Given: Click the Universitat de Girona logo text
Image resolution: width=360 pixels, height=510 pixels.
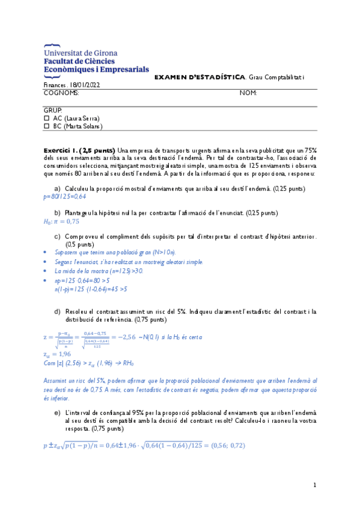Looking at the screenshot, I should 80,53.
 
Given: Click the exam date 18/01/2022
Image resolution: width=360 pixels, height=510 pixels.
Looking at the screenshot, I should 86,85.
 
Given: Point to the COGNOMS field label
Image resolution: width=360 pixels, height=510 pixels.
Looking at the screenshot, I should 61,93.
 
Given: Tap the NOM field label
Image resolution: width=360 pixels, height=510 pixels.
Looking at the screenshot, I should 248,93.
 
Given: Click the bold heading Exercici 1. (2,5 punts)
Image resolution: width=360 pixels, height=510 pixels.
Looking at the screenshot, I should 79,150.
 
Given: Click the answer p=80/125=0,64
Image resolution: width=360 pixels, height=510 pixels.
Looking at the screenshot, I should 65,197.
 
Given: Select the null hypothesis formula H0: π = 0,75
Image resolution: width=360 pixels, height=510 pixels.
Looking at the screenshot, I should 62,221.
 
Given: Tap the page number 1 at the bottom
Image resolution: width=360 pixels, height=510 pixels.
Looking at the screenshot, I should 315,485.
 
